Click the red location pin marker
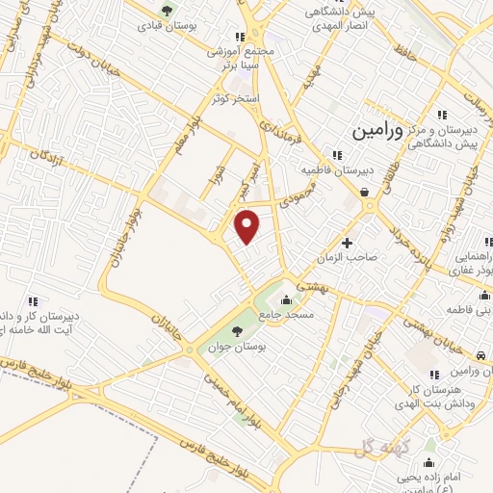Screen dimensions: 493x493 pyautogui.click(x=248, y=226)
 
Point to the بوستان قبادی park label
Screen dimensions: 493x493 pyautogui.click(x=193, y=27)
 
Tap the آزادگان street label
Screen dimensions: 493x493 pyautogui.click(x=45, y=155)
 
